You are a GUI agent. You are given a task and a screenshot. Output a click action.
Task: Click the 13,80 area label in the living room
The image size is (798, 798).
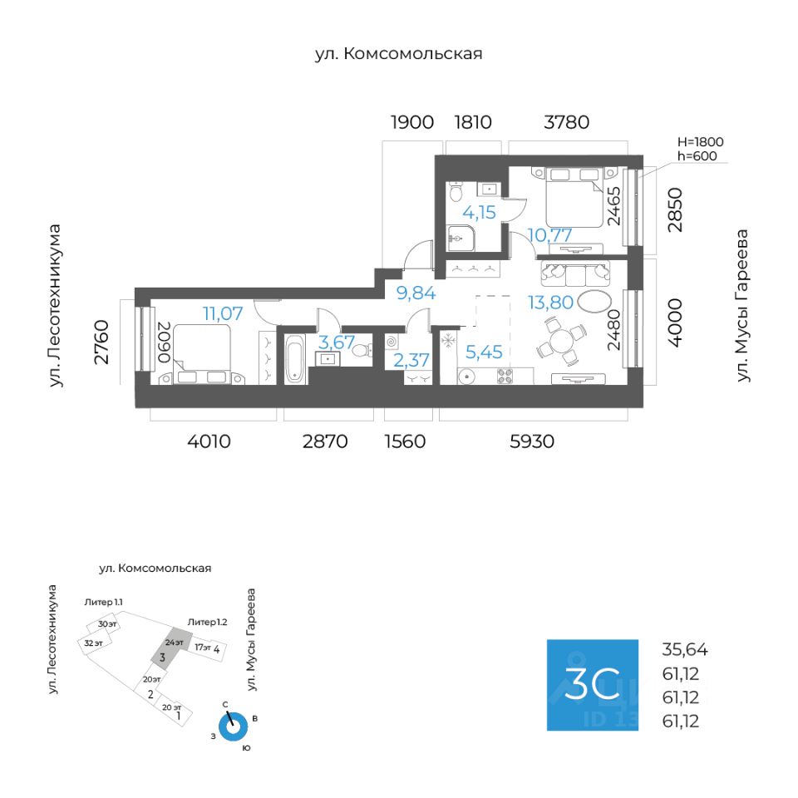point(550,303)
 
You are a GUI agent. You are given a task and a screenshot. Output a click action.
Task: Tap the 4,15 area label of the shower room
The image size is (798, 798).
point(479,212)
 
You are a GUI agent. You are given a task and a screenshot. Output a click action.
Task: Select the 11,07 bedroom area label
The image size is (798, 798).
point(223,313)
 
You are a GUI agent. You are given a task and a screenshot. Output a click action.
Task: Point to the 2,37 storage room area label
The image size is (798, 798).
point(411,360)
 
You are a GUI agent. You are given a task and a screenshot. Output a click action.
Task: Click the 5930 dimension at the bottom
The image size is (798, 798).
point(532,441)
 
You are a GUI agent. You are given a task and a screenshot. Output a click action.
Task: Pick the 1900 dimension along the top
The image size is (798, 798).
point(411,122)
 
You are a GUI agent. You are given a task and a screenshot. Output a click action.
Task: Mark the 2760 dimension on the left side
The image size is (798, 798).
point(101,342)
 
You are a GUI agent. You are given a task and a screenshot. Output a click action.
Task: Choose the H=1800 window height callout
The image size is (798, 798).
point(700,142)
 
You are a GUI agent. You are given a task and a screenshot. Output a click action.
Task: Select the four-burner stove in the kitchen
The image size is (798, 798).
point(505,376)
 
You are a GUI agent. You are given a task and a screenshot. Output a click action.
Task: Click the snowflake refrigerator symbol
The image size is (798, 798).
point(448,340)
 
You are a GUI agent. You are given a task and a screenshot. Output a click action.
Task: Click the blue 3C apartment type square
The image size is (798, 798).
point(593,685)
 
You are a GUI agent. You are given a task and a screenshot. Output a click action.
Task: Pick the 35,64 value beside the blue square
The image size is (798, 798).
point(684,649)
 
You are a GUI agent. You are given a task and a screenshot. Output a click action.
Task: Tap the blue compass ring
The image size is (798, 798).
point(233,728)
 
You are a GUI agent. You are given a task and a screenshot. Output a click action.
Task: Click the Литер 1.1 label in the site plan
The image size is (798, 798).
point(103,602)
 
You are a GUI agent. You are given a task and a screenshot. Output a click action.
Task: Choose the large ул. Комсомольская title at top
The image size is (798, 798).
point(398,54)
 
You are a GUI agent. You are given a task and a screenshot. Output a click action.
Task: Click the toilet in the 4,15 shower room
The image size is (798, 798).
point(456,192)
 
